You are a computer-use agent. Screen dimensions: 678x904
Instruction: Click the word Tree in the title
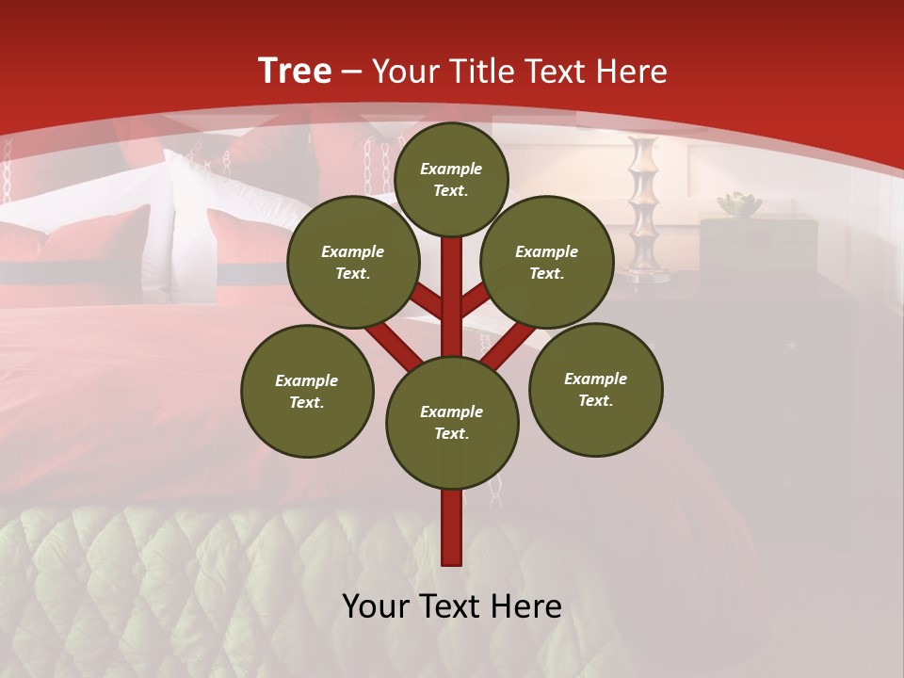pyautogui.click(x=295, y=71)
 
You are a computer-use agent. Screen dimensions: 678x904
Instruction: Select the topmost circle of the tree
pyautogui.click(x=451, y=179)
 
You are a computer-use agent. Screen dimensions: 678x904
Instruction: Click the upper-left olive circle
pyautogui.click(x=353, y=262)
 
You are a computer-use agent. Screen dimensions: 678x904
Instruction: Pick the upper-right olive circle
pyautogui.click(x=547, y=262)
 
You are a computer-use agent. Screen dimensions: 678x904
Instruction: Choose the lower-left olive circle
pyautogui.click(x=307, y=391)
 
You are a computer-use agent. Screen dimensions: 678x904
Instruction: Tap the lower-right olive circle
pyautogui.click(x=596, y=389)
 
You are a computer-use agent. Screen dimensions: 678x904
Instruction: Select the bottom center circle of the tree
pyautogui.click(x=452, y=422)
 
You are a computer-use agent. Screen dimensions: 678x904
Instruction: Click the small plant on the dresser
pyautogui.click(x=739, y=203)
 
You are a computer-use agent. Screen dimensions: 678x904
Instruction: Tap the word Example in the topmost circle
pyautogui.click(x=451, y=169)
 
